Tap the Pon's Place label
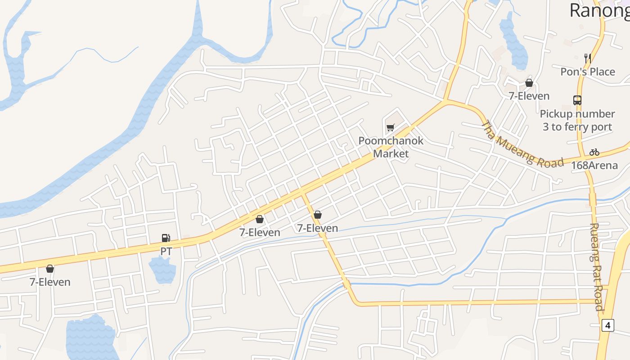587,72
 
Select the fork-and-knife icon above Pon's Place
587,58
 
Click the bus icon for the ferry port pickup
577,100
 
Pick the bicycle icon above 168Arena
594,152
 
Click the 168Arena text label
594,165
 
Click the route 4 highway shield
607,325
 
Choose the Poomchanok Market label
391,147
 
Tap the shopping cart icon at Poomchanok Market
390,128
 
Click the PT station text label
166,251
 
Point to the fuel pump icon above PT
166,238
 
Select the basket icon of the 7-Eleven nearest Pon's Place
529,83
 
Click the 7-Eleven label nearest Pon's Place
529,96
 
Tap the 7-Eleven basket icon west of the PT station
50,269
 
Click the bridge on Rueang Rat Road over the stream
593,199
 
